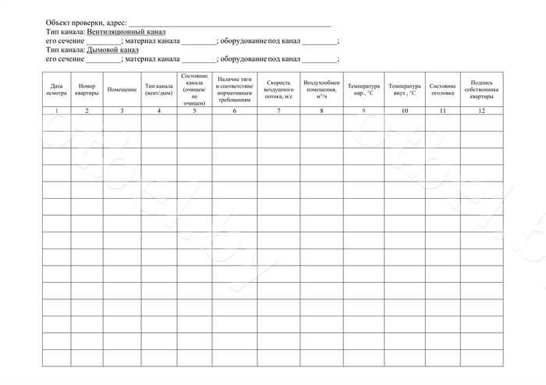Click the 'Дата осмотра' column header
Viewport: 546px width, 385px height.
(56, 89)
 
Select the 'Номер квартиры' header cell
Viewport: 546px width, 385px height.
(87, 89)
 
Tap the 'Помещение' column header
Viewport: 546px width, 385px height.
(122, 90)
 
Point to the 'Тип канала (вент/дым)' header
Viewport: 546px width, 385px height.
(159, 89)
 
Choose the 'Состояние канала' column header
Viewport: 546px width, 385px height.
(194, 89)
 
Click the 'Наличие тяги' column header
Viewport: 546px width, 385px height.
(234, 90)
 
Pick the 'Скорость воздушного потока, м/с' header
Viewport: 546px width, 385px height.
(278, 90)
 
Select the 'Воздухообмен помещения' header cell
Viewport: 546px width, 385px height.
(321, 90)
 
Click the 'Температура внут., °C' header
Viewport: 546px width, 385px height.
(405, 89)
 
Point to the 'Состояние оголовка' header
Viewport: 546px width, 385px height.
(442, 89)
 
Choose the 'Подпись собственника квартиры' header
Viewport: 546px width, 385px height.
(481, 89)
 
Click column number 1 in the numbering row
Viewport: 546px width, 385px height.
(56, 111)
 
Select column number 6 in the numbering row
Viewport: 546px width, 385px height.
(234, 111)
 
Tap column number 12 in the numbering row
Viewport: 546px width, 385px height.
(481, 111)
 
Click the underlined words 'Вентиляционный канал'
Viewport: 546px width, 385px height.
(126, 32)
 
